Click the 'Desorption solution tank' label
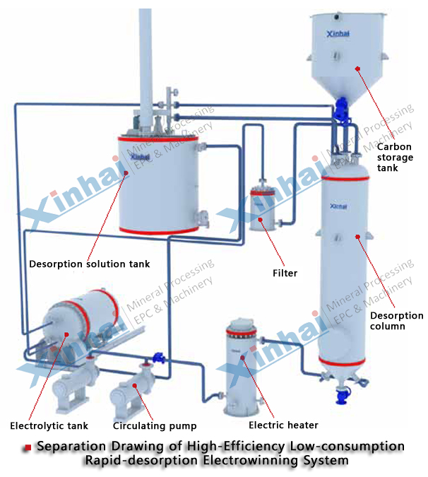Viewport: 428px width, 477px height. (89, 264)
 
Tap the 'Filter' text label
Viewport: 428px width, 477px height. (285, 273)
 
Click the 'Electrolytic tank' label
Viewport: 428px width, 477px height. (49, 426)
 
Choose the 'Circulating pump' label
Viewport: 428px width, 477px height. (155, 426)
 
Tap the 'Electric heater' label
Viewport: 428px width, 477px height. (283, 425)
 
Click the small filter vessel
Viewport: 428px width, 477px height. (262, 209)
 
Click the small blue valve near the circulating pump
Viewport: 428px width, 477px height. (159, 358)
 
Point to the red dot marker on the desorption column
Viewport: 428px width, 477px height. (357, 236)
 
